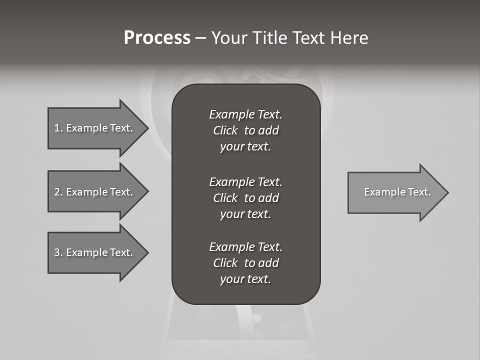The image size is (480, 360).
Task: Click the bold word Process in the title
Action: tap(157, 38)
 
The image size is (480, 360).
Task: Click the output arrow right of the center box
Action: tap(395, 192)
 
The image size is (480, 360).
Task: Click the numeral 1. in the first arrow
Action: tap(58, 128)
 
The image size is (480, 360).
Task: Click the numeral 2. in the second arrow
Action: tap(58, 192)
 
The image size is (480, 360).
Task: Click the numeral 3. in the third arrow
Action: tap(58, 252)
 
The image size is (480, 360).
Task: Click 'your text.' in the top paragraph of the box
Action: tap(245, 147)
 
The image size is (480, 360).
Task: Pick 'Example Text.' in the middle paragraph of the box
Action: tap(245, 181)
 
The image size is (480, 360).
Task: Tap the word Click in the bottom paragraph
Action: tap(225, 263)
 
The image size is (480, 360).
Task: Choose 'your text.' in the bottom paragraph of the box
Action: tap(245, 279)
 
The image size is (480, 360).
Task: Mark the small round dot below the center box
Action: tap(257, 318)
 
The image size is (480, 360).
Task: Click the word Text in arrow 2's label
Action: tap(120, 192)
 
